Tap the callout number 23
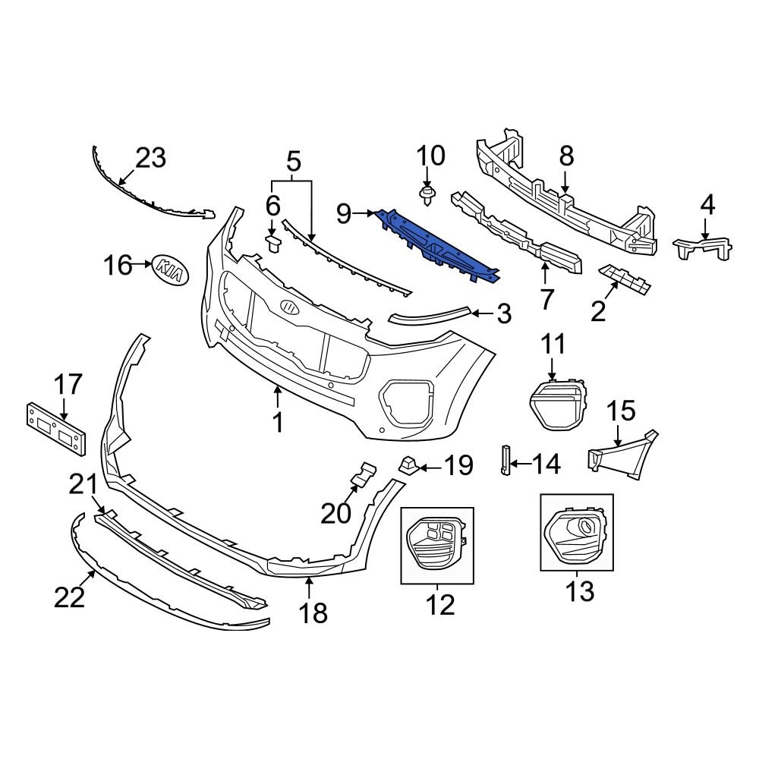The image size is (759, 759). (150, 159)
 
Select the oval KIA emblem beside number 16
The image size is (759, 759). (171, 270)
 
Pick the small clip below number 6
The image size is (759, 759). (273, 241)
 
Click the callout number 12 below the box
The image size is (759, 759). (440, 605)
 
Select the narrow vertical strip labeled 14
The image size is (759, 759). (504, 459)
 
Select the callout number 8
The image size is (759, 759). (567, 157)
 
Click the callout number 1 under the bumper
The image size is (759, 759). (278, 422)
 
